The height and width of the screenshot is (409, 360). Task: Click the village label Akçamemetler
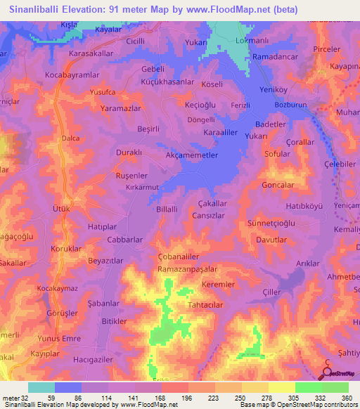coord(192,155)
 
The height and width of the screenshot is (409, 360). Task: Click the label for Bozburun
coord(302,105)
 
